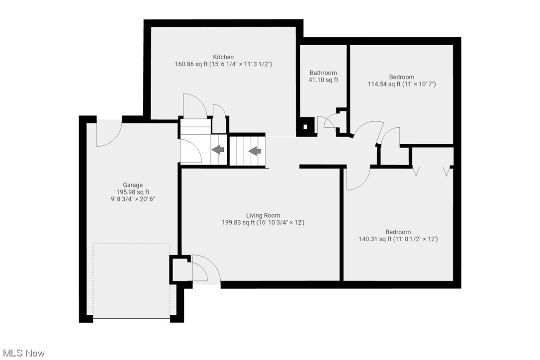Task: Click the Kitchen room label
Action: pyautogui.click(x=223, y=57)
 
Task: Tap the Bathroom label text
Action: pyautogui.click(x=323, y=73)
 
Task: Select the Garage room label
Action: pyautogui.click(x=133, y=185)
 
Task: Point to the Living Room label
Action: pyautogui.click(x=263, y=215)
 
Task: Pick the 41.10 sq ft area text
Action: pyautogui.click(x=323, y=80)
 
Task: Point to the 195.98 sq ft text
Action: pyautogui.click(x=133, y=192)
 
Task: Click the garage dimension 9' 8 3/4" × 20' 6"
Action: pyautogui.click(x=133, y=199)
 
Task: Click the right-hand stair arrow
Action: pyautogui.click(x=255, y=151)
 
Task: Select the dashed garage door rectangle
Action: pyautogui.click(x=132, y=281)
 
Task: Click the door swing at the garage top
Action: pyautogui.click(x=108, y=133)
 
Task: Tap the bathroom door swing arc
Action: pyautogui.click(x=327, y=122)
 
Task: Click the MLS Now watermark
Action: pyautogui.click(x=22, y=353)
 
